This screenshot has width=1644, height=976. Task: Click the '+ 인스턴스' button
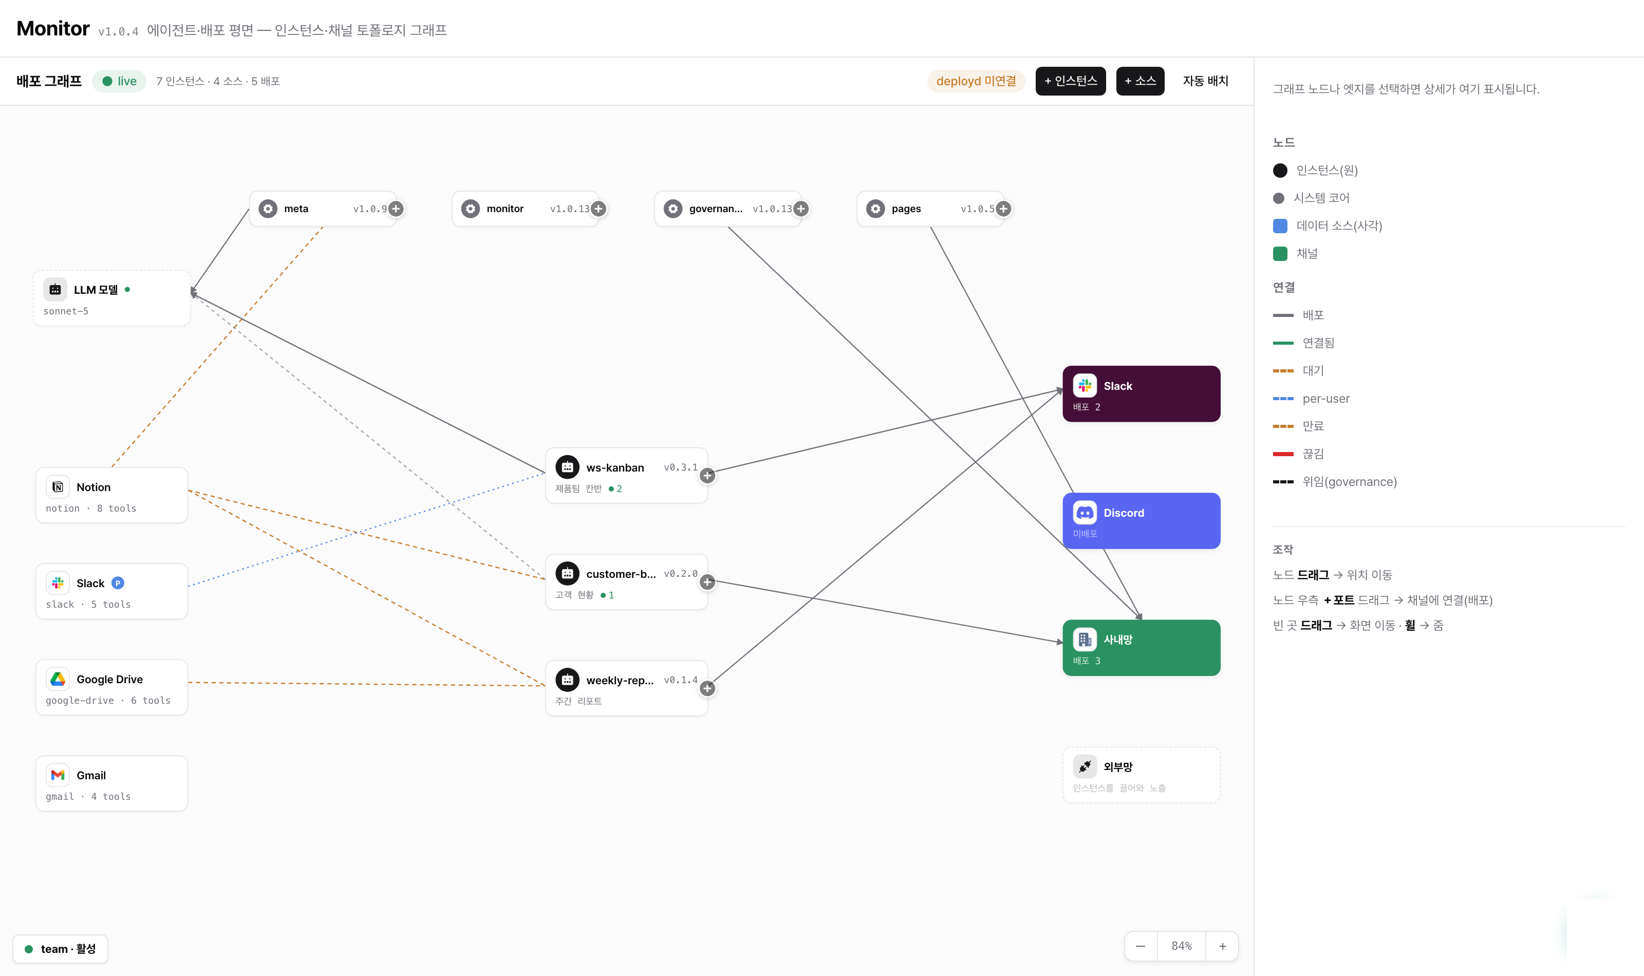(x=1070, y=81)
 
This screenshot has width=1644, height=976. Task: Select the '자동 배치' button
(x=1205, y=81)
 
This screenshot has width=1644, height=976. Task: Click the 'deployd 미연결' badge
(x=976, y=81)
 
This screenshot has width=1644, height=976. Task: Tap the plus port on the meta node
(x=396, y=209)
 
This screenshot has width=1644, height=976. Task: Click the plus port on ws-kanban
(x=707, y=476)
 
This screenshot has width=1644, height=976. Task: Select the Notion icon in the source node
(x=58, y=486)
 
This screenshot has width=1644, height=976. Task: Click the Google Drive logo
(x=58, y=679)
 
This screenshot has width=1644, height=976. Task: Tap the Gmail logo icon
(x=58, y=775)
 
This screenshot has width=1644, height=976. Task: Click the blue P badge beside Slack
(x=118, y=583)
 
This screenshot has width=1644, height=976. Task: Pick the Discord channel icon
(x=1085, y=512)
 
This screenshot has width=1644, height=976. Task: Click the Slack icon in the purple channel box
(x=1085, y=385)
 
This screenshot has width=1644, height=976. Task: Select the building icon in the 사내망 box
(x=1085, y=639)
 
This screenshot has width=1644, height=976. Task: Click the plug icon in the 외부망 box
(x=1085, y=766)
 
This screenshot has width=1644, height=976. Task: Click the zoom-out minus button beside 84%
(x=1141, y=946)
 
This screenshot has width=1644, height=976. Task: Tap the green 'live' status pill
(x=119, y=81)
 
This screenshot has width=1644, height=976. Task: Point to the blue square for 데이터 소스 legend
(x=1280, y=226)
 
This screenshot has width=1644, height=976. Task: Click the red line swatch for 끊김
(x=1283, y=454)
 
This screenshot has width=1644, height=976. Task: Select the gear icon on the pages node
(x=875, y=209)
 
